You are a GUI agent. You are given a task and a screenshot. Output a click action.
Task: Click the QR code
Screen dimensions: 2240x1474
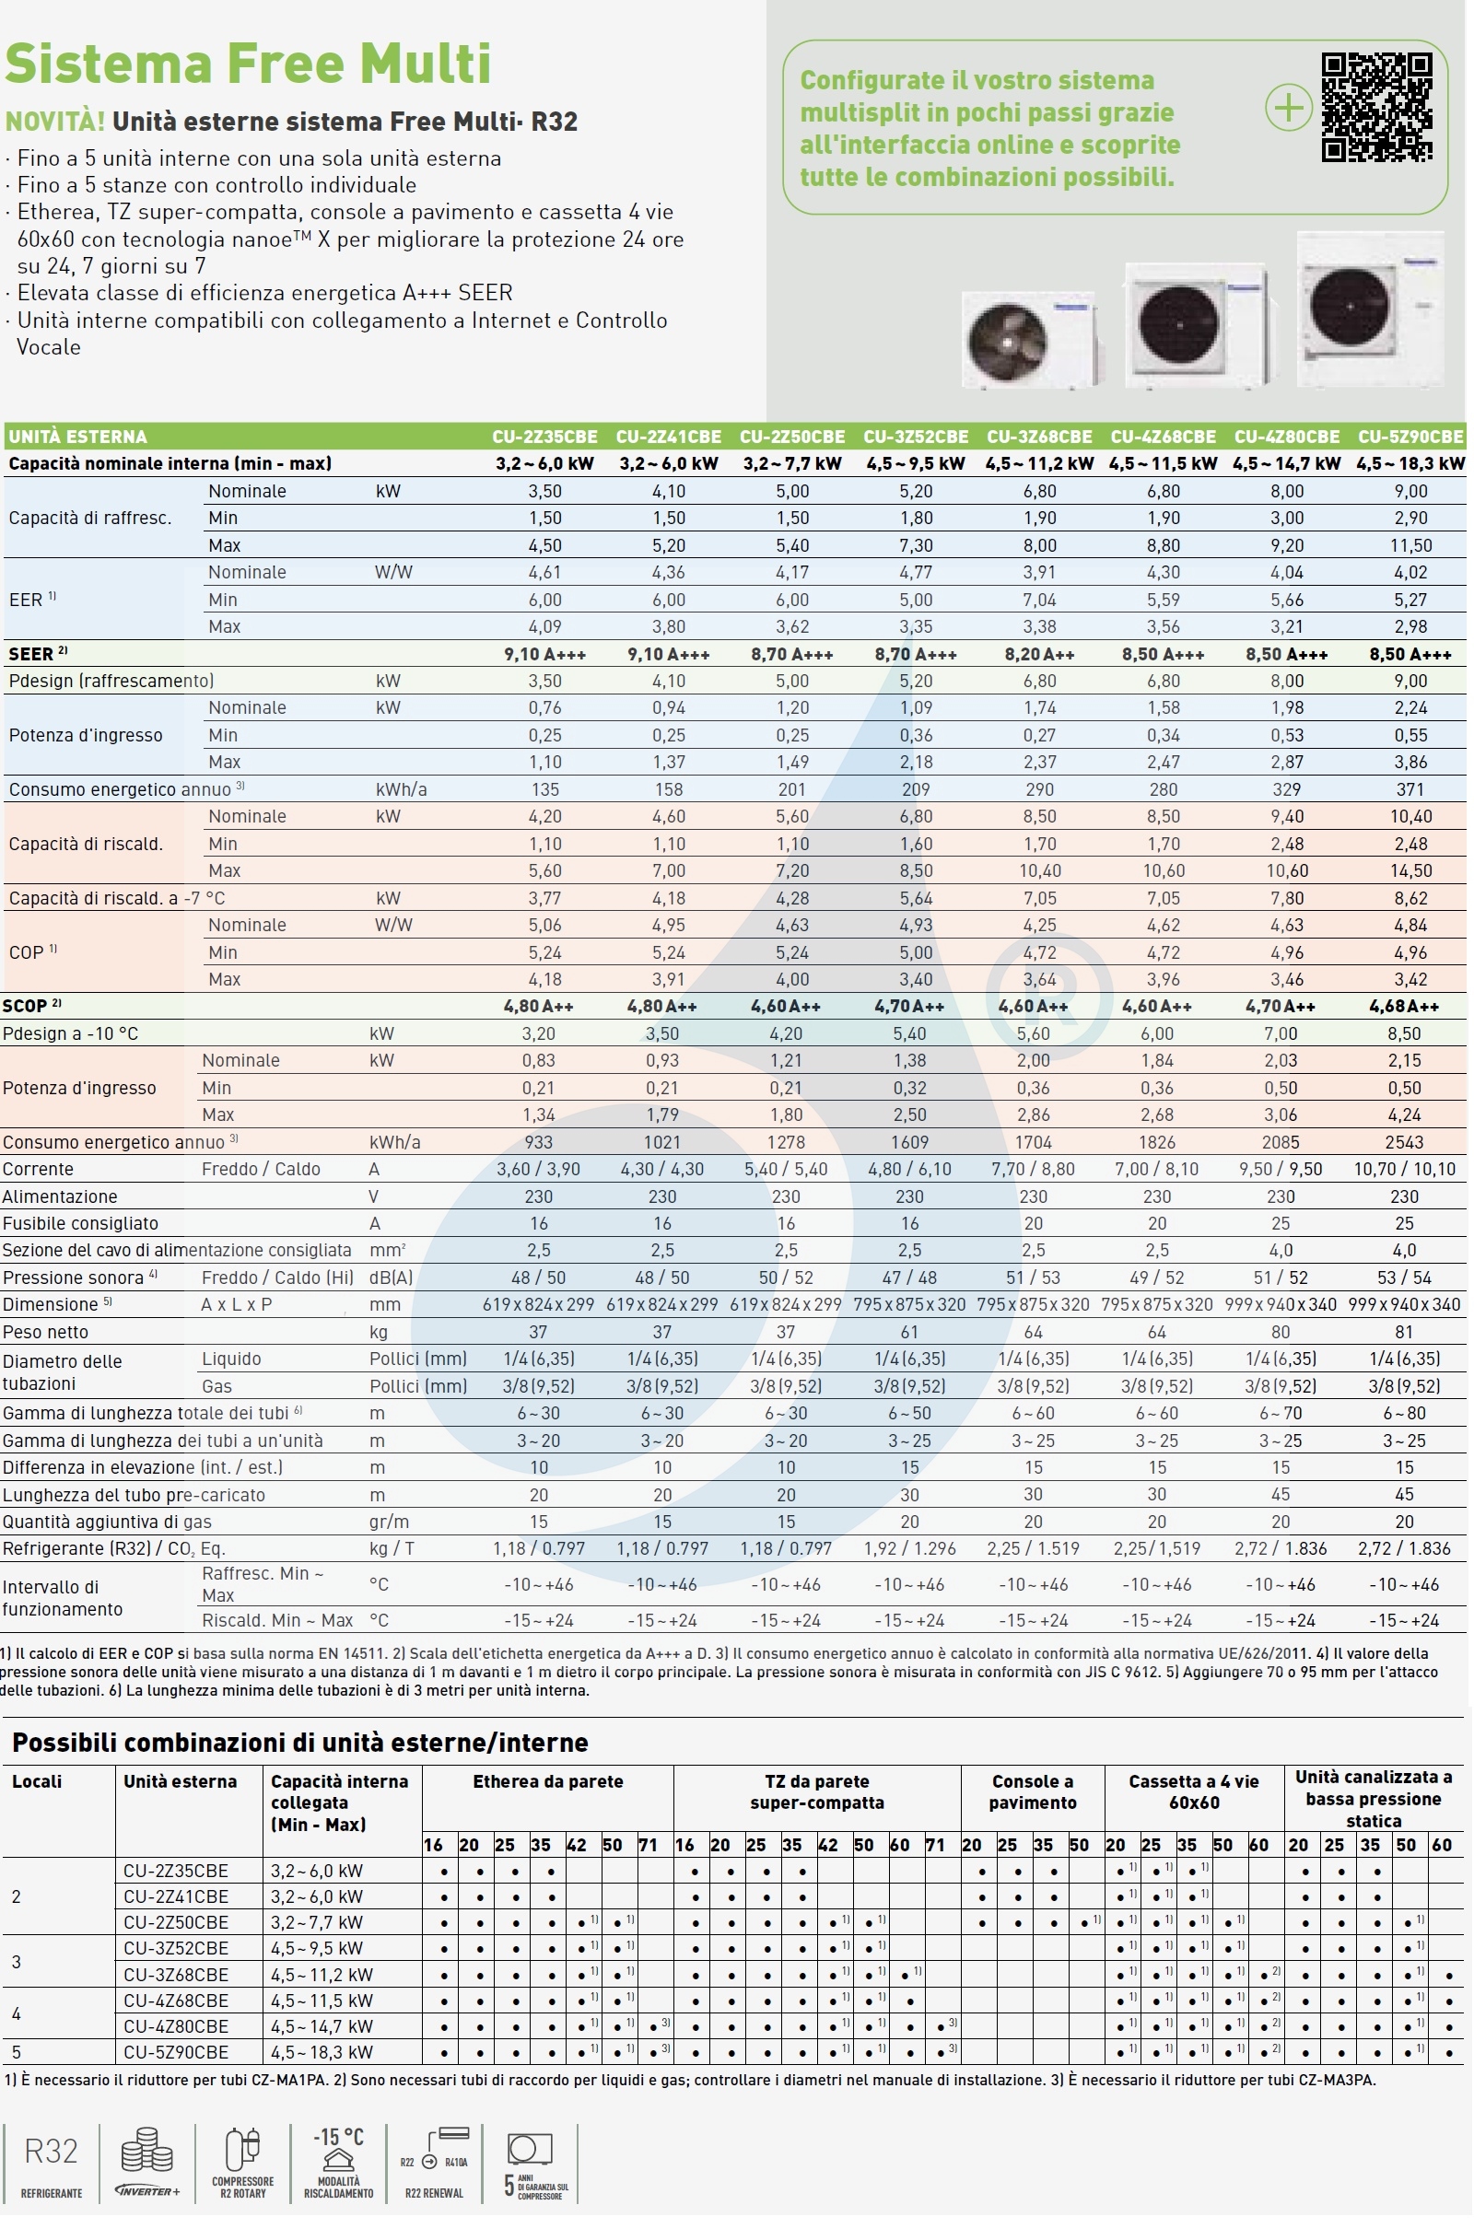pos(1376,107)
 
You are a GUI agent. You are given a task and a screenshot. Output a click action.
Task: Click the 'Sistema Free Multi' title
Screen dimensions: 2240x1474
pos(248,64)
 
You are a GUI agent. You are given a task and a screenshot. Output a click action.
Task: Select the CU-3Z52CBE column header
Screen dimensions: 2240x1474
pos(915,437)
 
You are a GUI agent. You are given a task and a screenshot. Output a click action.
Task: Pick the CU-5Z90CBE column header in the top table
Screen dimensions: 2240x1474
pos(1410,437)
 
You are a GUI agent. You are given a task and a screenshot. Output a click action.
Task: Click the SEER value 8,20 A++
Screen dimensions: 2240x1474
pos(1039,654)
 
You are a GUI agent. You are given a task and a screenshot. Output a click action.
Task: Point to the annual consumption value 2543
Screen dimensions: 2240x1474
pos(1403,1142)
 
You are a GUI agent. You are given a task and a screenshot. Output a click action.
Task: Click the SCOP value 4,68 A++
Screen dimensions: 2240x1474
pos(1403,1006)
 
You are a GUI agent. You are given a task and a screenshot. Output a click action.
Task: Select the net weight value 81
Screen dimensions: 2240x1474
pos(1403,1332)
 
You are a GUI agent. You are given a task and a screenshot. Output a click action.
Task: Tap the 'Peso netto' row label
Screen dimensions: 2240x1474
pos(45,1332)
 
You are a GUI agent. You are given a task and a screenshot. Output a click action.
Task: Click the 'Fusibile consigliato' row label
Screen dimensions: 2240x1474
pos(80,1223)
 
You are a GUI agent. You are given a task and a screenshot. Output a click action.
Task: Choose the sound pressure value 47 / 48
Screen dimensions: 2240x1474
pos(909,1277)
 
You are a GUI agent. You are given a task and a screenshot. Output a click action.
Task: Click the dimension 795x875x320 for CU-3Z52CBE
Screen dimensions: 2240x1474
pos(909,1304)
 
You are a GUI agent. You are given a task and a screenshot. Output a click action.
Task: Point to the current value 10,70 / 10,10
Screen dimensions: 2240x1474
pos(1403,1169)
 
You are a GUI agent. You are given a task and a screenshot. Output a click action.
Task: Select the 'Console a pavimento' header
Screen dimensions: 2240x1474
pos(1032,1792)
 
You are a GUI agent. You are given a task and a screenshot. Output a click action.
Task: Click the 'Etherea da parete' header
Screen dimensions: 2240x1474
pos(548,1781)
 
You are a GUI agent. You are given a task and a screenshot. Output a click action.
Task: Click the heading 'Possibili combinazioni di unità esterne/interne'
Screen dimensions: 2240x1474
pos(300,1742)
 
